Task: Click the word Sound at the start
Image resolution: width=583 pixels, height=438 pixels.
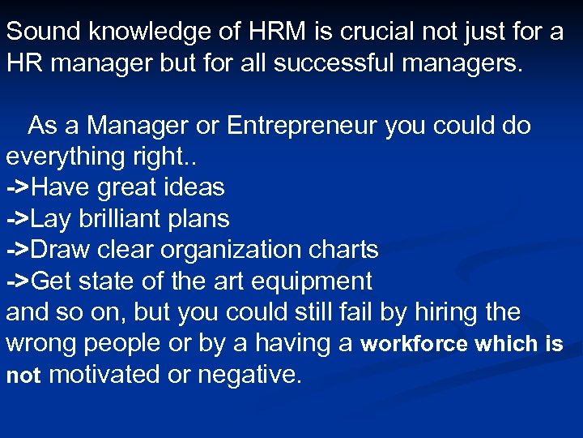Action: tap(44, 32)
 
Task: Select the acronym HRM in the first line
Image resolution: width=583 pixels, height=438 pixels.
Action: tap(265, 32)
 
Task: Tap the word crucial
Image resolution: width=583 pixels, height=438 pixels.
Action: tap(372, 32)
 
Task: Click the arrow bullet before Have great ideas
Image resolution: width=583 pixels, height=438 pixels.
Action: tap(19, 188)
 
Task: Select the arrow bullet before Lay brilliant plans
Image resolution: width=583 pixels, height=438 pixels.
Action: tap(19, 219)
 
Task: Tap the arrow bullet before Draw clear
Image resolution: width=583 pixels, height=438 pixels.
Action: tap(19, 250)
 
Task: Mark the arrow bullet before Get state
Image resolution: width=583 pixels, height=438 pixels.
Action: tap(19, 281)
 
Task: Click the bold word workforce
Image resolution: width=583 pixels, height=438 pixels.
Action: tap(414, 344)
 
